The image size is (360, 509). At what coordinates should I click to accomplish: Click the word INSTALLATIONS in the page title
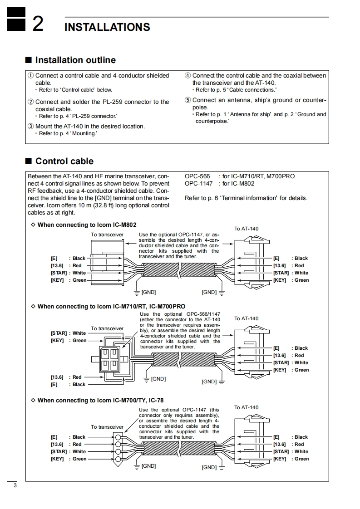pos(107,27)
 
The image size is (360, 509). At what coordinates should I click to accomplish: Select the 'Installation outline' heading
pos(75,60)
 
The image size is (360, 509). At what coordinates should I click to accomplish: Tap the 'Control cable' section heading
pos(64,161)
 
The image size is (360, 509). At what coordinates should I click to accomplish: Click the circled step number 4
pos(187,76)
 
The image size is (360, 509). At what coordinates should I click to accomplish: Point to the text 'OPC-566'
pos(197,176)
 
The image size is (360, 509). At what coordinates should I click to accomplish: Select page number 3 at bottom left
pos(15,486)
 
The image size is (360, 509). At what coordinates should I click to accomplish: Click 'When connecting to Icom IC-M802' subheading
pos(87,225)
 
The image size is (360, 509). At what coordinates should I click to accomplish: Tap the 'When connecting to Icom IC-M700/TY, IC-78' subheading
pos(100,400)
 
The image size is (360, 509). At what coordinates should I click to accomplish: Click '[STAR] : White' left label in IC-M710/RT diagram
pos(68,333)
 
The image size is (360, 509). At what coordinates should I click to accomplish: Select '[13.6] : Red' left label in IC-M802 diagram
pos(66,265)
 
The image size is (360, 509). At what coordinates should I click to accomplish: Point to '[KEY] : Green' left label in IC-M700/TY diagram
pos(68,459)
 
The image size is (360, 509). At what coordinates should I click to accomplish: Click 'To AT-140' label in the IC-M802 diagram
pos(246,229)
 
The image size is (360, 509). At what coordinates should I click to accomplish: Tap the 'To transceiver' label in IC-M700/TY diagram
pos(107,427)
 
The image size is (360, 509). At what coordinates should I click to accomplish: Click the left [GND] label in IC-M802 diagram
pos(148,292)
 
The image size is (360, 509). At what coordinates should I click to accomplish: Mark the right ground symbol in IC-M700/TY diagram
pos(222,467)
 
